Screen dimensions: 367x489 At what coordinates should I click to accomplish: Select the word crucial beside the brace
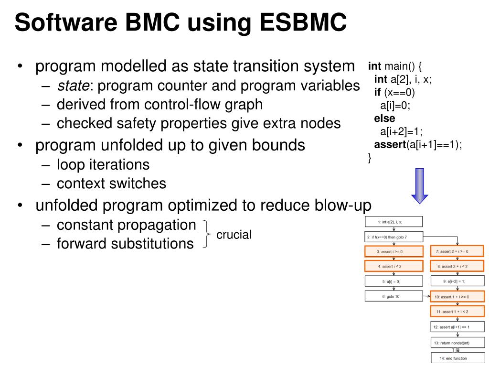[x=234, y=235]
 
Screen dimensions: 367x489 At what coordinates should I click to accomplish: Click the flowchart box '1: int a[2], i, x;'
[x=393, y=222]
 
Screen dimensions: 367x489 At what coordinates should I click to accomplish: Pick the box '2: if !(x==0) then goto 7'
[x=393, y=237]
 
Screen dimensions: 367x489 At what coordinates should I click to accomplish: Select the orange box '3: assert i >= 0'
[x=393, y=251]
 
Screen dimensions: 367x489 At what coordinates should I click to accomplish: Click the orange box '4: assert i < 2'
[x=393, y=266]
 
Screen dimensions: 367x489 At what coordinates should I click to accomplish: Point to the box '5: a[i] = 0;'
[x=393, y=281]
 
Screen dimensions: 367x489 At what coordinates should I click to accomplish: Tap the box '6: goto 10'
[x=393, y=296]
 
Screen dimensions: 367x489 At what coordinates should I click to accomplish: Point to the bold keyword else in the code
[x=384, y=119]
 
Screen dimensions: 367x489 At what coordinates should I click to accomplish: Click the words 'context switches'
[x=111, y=183]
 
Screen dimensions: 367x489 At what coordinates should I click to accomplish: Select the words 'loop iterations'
[x=103, y=165]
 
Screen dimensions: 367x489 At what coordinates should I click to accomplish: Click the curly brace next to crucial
[x=207, y=235]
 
